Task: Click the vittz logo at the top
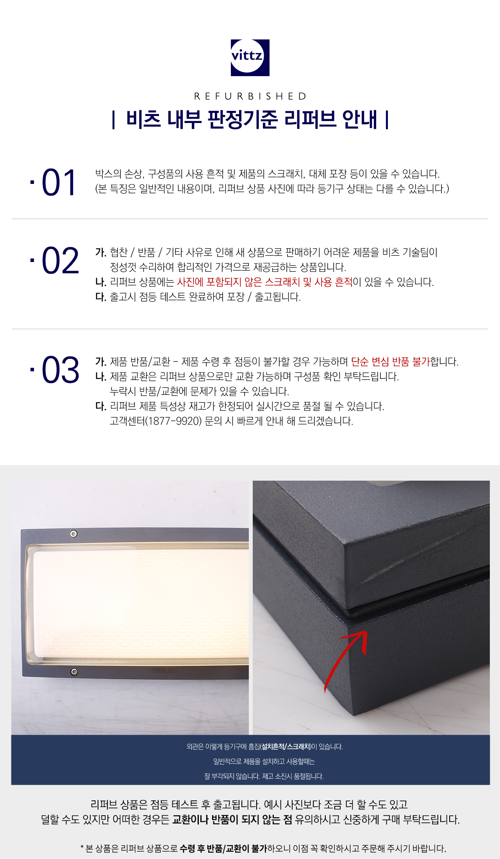coord(250,57)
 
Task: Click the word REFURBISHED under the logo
coord(250,96)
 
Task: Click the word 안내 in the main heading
coord(360,119)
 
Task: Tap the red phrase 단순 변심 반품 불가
coord(390,362)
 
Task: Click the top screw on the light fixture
coord(73,534)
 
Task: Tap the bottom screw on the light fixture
coord(74,672)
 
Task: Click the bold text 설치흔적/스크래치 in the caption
coord(286,747)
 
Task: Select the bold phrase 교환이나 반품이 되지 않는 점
coord(232,819)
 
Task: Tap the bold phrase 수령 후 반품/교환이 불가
coord(223,848)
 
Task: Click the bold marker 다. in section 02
coord(101,297)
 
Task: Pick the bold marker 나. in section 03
coord(101,376)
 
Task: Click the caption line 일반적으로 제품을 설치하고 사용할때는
coord(264,761)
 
